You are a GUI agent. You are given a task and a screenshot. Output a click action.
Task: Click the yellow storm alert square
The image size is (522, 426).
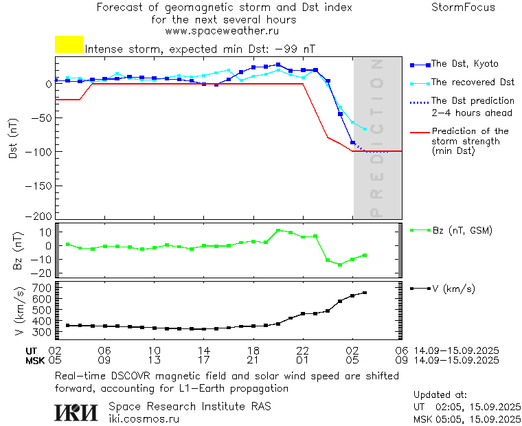[69, 45]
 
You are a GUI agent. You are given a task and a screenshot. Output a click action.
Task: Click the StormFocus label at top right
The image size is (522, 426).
[463, 8]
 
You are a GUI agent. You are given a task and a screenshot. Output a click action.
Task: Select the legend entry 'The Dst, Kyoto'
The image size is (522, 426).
[464, 64]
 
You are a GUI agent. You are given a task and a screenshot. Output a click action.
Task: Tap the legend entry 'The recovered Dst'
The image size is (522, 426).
[473, 82]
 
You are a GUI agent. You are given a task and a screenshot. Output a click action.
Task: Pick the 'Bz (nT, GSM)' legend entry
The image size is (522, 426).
[462, 230]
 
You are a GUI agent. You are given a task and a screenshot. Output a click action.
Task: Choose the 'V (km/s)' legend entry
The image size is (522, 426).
[453, 289]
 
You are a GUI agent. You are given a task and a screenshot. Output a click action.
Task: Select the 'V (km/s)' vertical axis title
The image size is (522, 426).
[19, 312]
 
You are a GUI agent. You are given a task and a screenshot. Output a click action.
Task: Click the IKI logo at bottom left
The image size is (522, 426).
[76, 412]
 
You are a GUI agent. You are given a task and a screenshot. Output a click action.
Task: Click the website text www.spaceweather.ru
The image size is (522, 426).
[222, 31]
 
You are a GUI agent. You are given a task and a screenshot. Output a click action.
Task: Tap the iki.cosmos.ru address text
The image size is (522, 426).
[144, 418]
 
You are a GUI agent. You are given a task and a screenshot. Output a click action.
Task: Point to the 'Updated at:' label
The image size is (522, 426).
[440, 395]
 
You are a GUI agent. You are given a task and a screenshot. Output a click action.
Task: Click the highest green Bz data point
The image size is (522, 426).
[278, 230]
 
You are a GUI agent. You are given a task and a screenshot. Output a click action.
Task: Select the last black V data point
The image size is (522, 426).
[365, 293]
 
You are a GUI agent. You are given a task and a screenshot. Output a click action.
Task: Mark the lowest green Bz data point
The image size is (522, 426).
[340, 265]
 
